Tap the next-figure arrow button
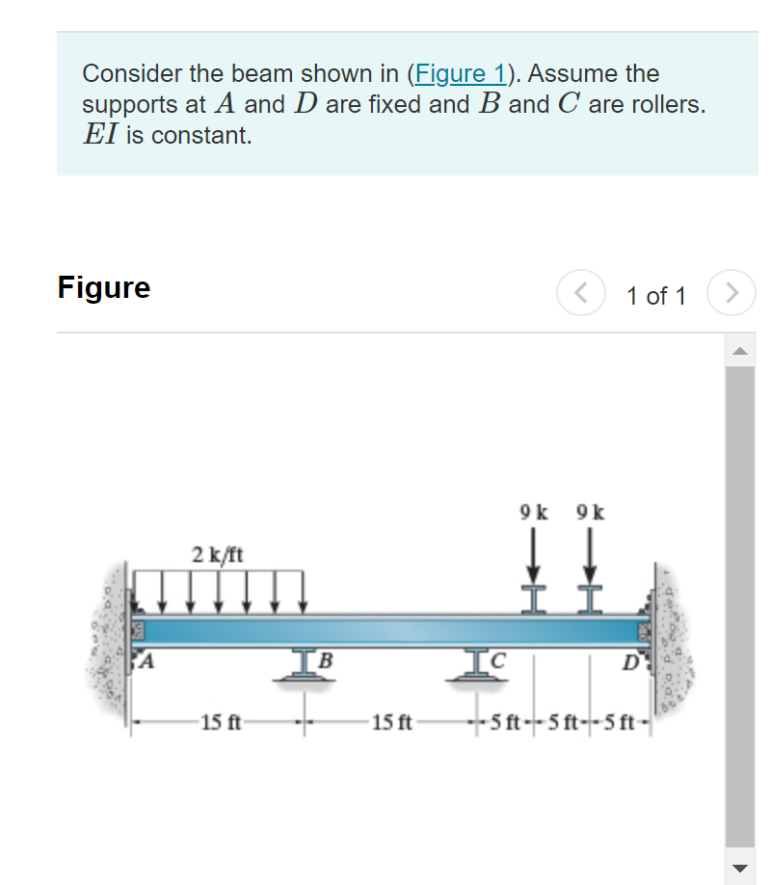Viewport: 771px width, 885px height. coord(731,293)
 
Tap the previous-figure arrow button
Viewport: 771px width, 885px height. coord(580,293)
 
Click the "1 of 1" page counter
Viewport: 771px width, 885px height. coord(655,295)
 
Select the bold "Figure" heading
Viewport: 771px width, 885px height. coord(104,287)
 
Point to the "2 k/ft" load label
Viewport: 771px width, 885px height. coord(218,554)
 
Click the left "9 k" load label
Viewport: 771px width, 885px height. coord(534,511)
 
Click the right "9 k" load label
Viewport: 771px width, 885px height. coord(590,511)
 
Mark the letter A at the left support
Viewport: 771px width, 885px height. coord(148,661)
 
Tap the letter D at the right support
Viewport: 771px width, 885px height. coord(630,662)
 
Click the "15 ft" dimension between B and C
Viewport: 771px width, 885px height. coord(392,722)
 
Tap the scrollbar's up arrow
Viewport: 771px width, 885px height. coord(740,351)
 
